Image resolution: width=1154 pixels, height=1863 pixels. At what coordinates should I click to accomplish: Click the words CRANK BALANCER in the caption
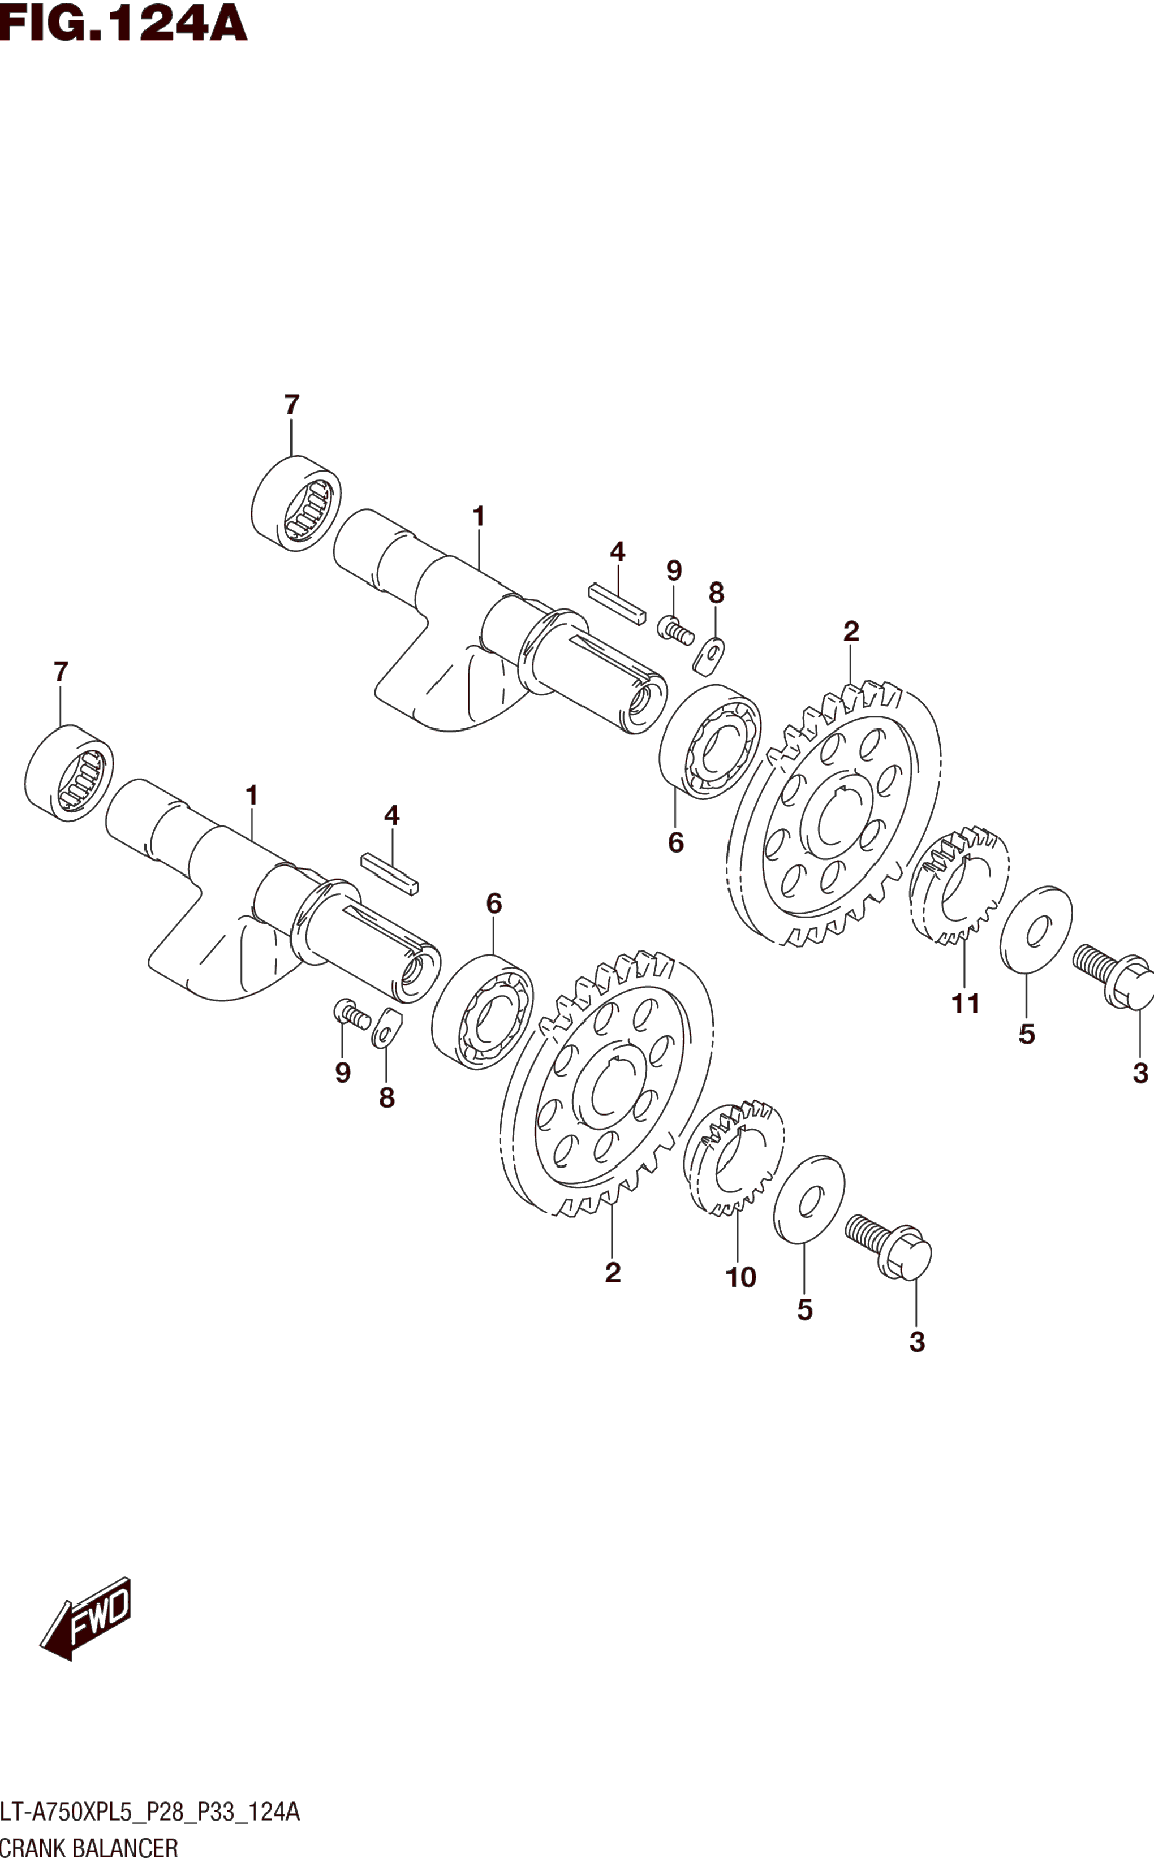(89, 1848)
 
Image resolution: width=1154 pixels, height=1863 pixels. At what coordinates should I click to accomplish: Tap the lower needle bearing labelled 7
(68, 773)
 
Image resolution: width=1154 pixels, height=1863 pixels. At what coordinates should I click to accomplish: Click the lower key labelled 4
(390, 874)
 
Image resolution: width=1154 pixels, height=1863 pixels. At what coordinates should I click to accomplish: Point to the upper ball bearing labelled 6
(710, 742)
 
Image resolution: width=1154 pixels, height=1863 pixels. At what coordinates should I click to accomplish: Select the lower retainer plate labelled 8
(387, 1028)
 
